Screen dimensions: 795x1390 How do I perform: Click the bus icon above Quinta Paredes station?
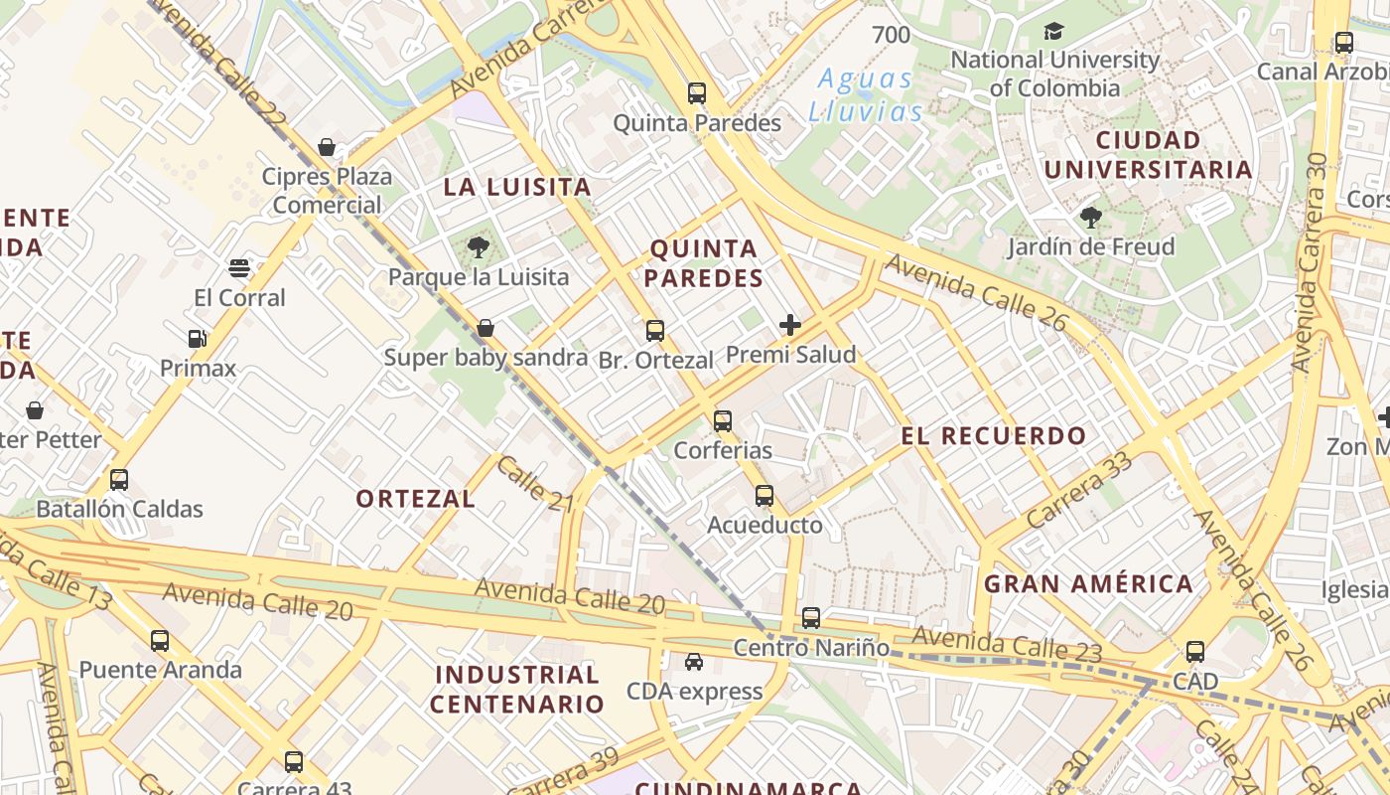click(x=697, y=93)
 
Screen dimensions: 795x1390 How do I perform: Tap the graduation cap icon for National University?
click(x=1053, y=32)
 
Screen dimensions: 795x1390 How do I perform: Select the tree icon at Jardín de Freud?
click(x=1090, y=217)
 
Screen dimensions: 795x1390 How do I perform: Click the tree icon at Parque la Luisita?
click(x=479, y=247)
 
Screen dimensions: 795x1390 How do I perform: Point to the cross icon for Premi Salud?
click(x=790, y=325)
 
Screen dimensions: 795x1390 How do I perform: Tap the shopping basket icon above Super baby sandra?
click(x=486, y=328)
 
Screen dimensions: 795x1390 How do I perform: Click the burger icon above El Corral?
click(x=239, y=268)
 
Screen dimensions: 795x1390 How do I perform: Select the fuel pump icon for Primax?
click(x=198, y=339)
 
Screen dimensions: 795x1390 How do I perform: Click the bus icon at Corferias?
click(x=723, y=421)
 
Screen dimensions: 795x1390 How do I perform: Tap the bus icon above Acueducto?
click(x=764, y=495)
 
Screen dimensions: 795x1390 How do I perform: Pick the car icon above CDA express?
click(x=694, y=662)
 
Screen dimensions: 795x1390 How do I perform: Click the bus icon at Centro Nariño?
click(x=811, y=618)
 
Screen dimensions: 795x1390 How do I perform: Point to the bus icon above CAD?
click(x=1195, y=652)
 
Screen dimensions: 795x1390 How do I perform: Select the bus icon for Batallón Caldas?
click(x=119, y=480)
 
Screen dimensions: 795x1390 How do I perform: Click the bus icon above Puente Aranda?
click(x=160, y=641)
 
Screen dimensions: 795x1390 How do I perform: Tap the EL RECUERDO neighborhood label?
click(x=994, y=435)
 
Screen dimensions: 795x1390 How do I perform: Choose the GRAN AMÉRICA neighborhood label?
click(x=1088, y=583)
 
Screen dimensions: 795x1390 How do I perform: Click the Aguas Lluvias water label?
click(x=864, y=94)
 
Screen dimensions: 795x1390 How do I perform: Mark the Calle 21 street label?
click(x=536, y=484)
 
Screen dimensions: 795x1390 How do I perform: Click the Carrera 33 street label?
click(x=1079, y=489)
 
